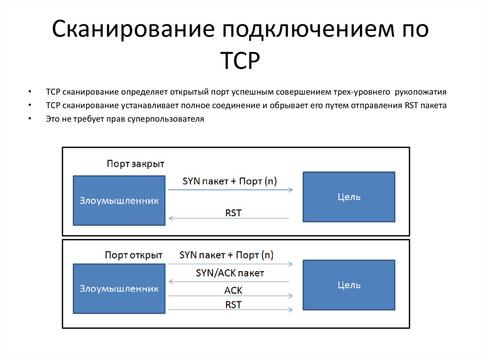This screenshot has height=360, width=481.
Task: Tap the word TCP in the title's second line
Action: click(240, 61)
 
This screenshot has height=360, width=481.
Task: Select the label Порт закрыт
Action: click(135, 164)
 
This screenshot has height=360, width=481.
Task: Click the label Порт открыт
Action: click(133, 255)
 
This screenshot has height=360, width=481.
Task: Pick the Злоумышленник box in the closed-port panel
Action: click(119, 200)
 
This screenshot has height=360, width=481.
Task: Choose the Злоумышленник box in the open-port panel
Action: click(119, 288)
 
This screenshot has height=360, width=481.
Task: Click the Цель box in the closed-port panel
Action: click(349, 197)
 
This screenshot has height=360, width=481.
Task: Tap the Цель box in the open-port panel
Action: click(349, 284)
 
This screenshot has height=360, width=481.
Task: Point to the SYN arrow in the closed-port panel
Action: click(230, 190)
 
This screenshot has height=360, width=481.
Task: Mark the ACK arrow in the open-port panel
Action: click(230, 296)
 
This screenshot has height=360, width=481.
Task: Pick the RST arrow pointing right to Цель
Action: click(230, 310)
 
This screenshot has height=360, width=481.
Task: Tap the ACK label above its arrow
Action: click(233, 290)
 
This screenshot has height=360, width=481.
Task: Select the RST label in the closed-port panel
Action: click(233, 213)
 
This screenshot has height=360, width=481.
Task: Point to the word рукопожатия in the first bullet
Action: click(421, 92)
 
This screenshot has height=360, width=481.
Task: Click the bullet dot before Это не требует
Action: click(30, 119)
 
